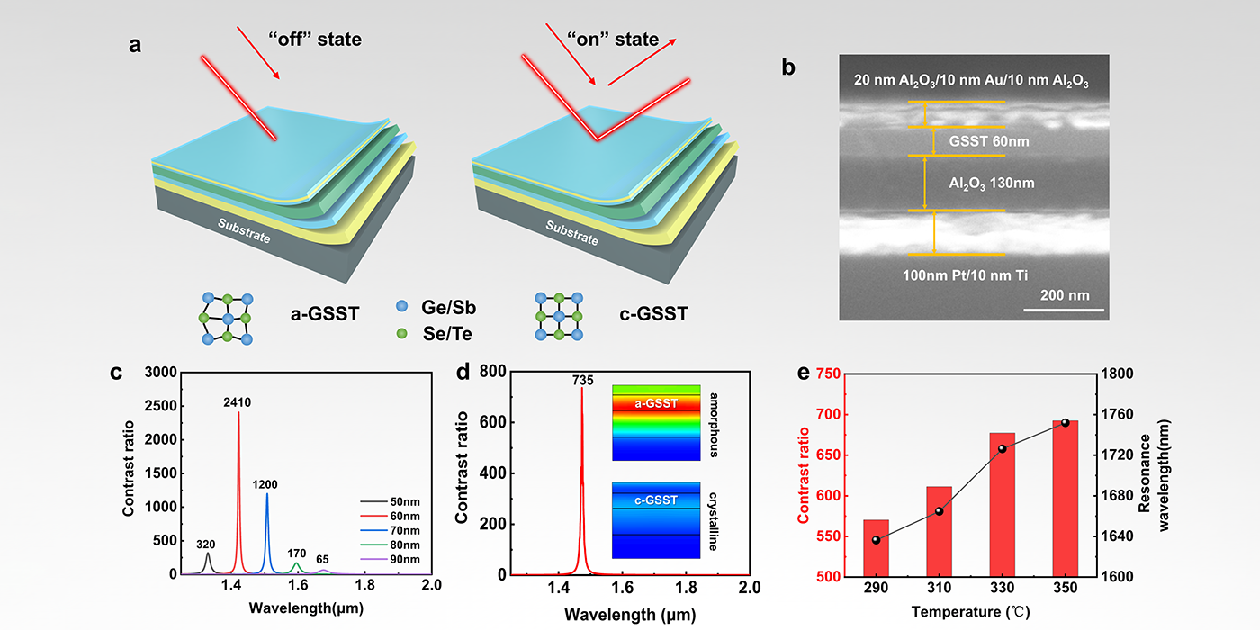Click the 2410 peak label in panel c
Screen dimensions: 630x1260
click(x=238, y=404)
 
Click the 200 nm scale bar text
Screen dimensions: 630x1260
click(x=1064, y=293)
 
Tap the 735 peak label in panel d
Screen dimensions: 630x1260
click(x=582, y=381)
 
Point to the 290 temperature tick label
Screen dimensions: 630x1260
click(x=876, y=588)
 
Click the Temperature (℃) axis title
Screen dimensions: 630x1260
click(x=970, y=613)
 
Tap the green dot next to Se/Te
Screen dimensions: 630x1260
click(x=401, y=334)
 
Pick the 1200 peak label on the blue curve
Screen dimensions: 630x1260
click(x=265, y=484)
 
